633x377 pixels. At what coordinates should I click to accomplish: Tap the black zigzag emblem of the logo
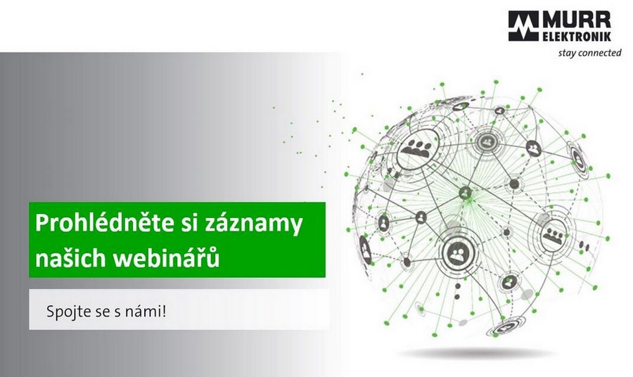[523, 26]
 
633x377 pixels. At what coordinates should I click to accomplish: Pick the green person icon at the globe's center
[466, 193]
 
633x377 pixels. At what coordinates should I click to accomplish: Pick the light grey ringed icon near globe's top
[487, 141]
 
